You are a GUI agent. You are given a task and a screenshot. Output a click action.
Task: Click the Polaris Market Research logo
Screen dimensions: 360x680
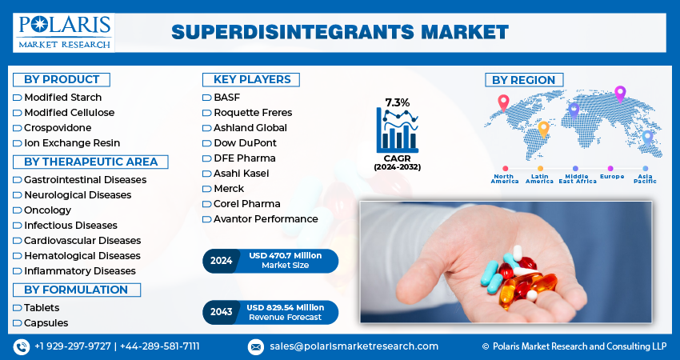pyautogui.click(x=64, y=31)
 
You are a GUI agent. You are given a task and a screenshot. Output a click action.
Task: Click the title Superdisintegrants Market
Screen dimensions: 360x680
pyautogui.click(x=339, y=32)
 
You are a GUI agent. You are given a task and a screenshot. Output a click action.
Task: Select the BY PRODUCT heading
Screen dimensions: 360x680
pyautogui.click(x=62, y=79)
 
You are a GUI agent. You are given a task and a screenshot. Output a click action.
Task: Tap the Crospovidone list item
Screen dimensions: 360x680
pyautogui.click(x=58, y=128)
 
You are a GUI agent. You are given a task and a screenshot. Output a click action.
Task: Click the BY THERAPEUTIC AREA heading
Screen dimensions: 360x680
pyautogui.click(x=90, y=162)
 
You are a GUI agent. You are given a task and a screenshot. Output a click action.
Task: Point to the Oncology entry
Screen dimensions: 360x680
pyautogui.click(x=47, y=210)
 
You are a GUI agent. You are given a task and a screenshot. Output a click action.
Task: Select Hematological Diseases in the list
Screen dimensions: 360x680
pyautogui.click(x=82, y=256)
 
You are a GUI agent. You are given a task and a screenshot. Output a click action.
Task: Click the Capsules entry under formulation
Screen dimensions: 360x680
pyautogui.click(x=46, y=323)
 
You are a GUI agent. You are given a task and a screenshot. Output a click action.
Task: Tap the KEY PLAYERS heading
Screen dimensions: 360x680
pyautogui.click(x=251, y=79)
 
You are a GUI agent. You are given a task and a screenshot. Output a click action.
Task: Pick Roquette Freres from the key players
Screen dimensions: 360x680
pyautogui.click(x=252, y=113)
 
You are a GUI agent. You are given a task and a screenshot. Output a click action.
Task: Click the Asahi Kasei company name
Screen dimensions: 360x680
pyautogui.click(x=241, y=174)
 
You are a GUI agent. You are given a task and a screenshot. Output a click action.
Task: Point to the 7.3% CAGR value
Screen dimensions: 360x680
pyautogui.click(x=397, y=102)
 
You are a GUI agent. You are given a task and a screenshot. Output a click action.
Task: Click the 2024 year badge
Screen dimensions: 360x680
pyautogui.click(x=221, y=261)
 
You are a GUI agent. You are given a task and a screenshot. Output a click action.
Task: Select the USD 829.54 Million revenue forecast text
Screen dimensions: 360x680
pyautogui.click(x=286, y=307)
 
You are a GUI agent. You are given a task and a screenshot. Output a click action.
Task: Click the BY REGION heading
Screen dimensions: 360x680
pyautogui.click(x=524, y=80)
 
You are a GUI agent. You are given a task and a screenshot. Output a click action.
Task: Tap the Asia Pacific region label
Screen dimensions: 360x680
pyautogui.click(x=645, y=178)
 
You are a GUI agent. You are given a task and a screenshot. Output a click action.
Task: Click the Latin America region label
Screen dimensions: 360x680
pyautogui.click(x=539, y=178)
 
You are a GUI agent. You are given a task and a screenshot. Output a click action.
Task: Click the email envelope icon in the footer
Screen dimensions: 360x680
pyautogui.click(x=256, y=346)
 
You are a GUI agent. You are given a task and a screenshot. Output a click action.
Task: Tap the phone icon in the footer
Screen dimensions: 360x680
pyautogui.click(x=22, y=346)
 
